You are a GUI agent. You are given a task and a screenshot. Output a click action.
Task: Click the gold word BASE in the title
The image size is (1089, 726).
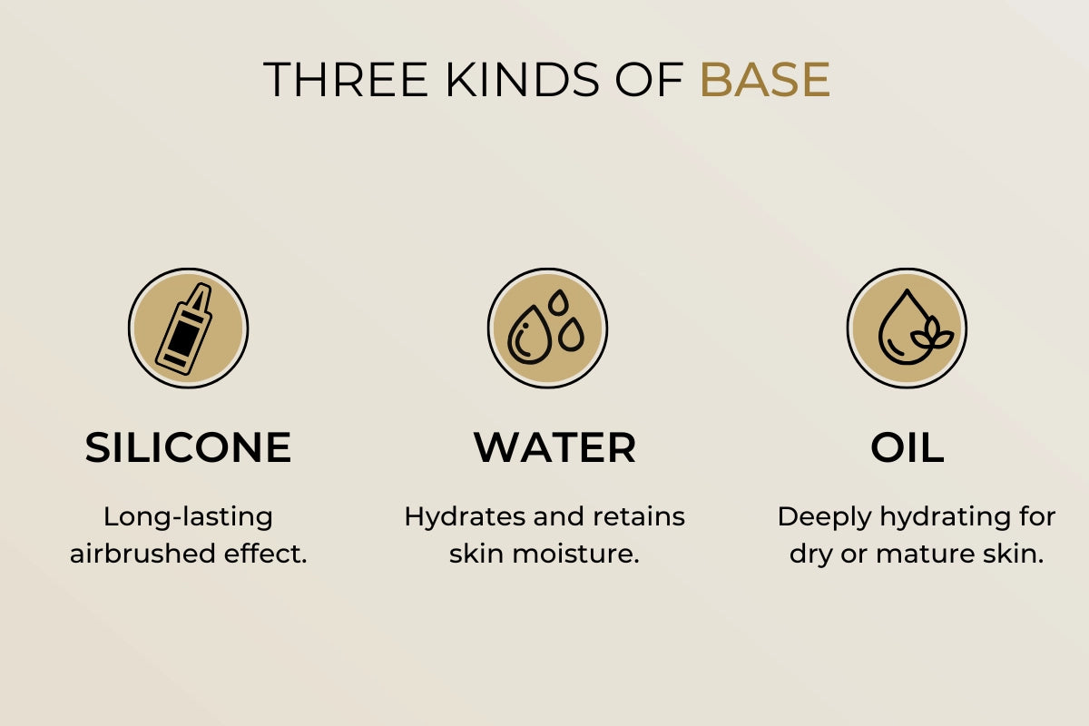(x=765, y=79)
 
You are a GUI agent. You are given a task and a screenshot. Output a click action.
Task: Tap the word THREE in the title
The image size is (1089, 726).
(x=346, y=79)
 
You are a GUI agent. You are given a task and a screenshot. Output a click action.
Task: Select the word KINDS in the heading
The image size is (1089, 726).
(x=523, y=79)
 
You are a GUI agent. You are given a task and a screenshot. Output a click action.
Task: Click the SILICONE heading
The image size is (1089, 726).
(x=188, y=447)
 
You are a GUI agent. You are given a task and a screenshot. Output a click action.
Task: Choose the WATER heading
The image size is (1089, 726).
(x=554, y=447)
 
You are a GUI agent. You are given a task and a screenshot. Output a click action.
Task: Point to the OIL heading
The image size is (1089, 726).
(x=907, y=447)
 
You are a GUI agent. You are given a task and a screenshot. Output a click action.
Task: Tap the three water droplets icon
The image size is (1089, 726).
(x=547, y=329)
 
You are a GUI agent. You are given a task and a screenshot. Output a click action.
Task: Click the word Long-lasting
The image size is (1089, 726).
(x=188, y=517)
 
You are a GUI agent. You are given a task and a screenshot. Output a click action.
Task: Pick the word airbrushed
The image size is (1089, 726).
(x=142, y=554)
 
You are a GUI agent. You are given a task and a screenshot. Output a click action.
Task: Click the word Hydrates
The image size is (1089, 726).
(x=465, y=517)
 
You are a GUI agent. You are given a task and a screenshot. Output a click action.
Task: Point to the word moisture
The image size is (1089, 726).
(x=576, y=554)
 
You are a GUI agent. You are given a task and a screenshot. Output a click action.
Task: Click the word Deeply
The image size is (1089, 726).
(x=824, y=517)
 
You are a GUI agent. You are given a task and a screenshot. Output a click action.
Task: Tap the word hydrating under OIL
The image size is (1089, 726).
(x=947, y=517)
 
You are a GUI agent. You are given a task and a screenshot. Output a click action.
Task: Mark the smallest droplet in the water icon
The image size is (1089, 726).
(x=558, y=302)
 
